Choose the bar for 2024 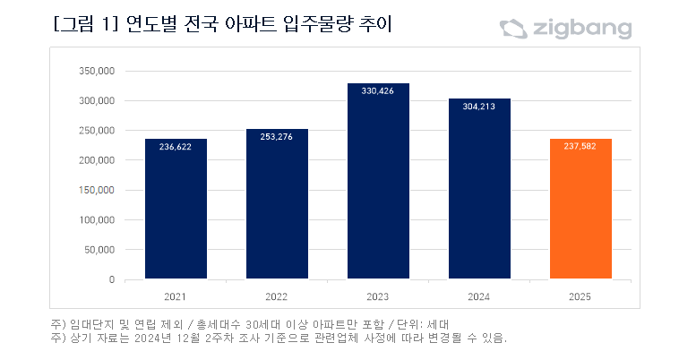[x=479, y=189]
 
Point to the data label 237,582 [x=580, y=149]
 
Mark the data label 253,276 [x=277, y=136]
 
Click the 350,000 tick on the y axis [x=98, y=71]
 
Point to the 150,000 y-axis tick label [x=98, y=190]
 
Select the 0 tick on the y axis [x=112, y=279]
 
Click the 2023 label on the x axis [x=378, y=296]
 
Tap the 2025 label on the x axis [x=580, y=296]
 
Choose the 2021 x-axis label [x=176, y=296]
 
